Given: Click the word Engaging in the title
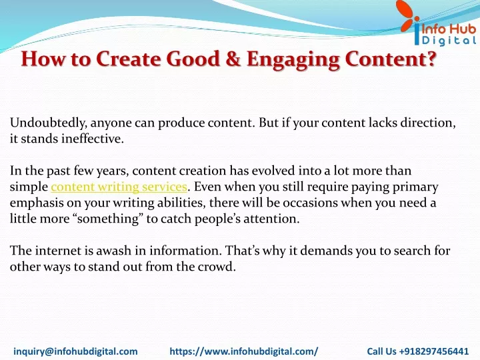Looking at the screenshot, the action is click(x=293, y=59).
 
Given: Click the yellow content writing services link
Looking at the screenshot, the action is click(x=119, y=187).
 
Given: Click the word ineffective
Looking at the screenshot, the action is click(x=93, y=139).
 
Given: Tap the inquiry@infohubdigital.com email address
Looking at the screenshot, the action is click(x=75, y=351).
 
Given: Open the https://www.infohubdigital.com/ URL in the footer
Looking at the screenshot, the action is click(x=244, y=351).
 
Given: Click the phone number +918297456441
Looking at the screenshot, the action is click(x=434, y=351).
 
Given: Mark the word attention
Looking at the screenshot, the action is click(x=271, y=219).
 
